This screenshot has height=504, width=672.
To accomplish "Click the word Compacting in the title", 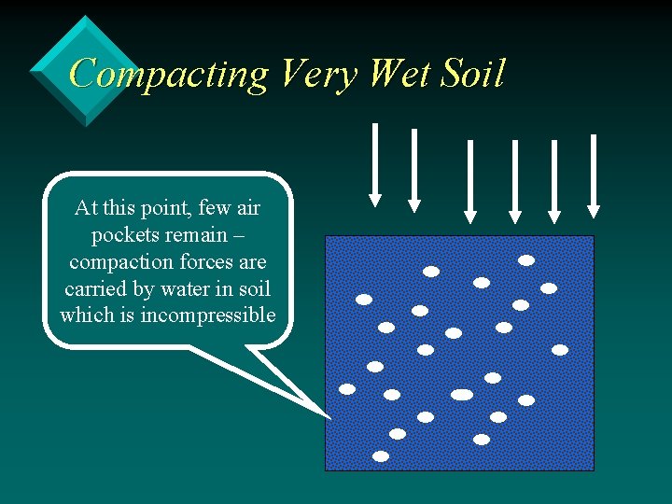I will pos(168,74).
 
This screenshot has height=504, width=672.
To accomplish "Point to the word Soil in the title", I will pos(475,73).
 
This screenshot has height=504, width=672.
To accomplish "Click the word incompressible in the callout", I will pos(207,315).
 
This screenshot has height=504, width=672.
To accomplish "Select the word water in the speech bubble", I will pos(171,288).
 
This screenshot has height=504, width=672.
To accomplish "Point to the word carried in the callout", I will pos(96,288).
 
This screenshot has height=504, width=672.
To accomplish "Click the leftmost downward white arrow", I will pos(374,163).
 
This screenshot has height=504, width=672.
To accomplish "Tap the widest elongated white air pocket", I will pos(462,395).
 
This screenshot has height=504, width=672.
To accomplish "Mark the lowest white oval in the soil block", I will pos(381,456).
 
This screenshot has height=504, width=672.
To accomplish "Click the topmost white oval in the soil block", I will pos(526,260).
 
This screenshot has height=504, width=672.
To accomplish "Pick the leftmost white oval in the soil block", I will pos(347,388).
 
